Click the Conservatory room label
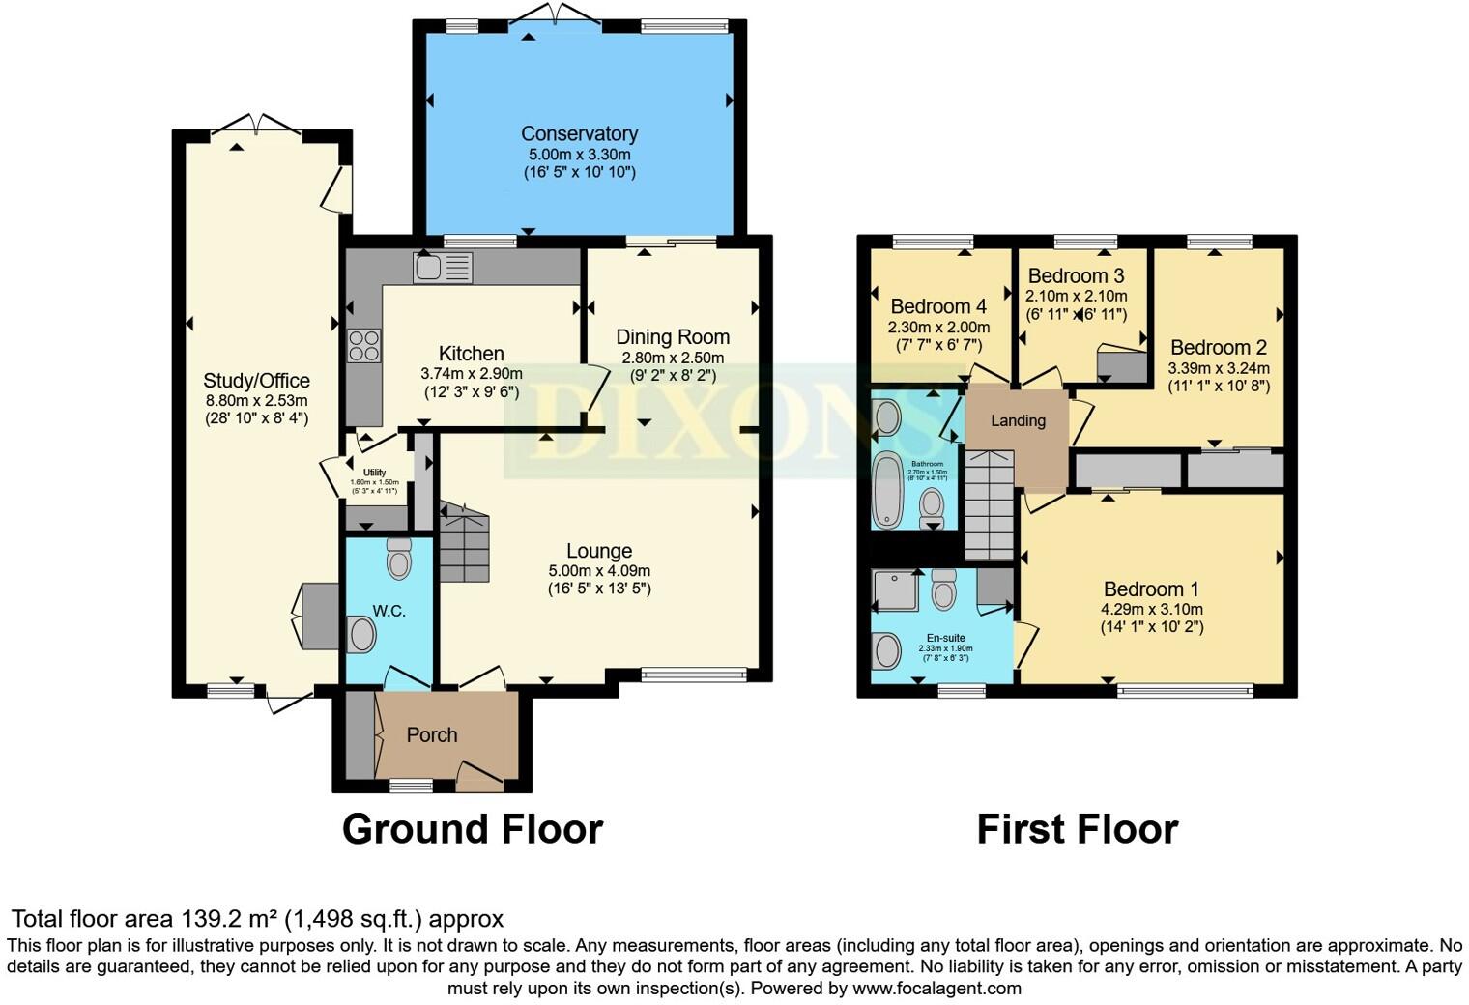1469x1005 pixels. click(x=579, y=134)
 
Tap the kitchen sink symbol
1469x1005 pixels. click(x=443, y=267)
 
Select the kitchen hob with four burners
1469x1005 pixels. click(x=363, y=346)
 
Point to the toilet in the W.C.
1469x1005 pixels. click(x=398, y=558)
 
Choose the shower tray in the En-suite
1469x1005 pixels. click(x=894, y=590)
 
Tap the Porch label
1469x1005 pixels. click(x=431, y=735)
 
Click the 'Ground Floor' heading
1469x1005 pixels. click(x=473, y=830)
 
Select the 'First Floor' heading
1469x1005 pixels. click(x=1077, y=830)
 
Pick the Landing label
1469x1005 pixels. click(x=1018, y=421)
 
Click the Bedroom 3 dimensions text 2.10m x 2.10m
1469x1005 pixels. click(x=1076, y=297)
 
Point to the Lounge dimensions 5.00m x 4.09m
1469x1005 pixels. click(x=599, y=570)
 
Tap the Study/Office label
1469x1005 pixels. click(x=256, y=381)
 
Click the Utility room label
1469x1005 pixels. click(x=374, y=473)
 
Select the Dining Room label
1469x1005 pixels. click(x=673, y=337)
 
